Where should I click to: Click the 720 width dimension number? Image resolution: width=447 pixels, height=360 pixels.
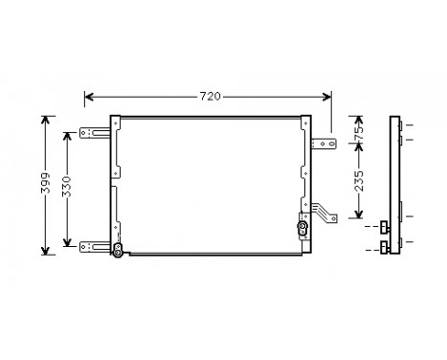tap(210, 97)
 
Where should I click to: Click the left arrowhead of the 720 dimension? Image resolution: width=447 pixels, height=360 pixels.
tap(89, 97)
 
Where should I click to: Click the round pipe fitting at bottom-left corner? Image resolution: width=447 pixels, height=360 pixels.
tap(117, 251)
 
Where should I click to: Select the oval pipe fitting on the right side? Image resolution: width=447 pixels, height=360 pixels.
tap(302, 229)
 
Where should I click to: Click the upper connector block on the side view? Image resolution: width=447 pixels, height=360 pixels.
tap(384, 228)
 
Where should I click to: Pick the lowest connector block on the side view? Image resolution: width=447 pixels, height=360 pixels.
tap(384, 249)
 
